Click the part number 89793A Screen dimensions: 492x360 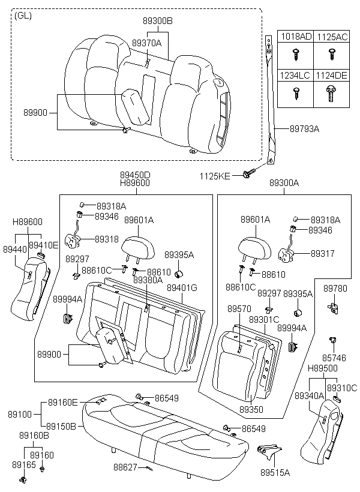(x=304, y=128)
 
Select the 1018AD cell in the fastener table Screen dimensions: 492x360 (x=296, y=37)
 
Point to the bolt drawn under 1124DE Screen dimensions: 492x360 (x=331, y=93)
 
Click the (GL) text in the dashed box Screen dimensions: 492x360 (x=23, y=15)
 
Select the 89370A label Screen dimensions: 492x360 (x=146, y=43)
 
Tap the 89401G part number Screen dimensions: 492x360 (x=182, y=288)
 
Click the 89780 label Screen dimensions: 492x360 (x=335, y=289)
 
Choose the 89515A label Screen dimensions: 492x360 (x=275, y=473)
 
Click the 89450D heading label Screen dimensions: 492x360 (x=134, y=175)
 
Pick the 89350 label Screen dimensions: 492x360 (x=251, y=409)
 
